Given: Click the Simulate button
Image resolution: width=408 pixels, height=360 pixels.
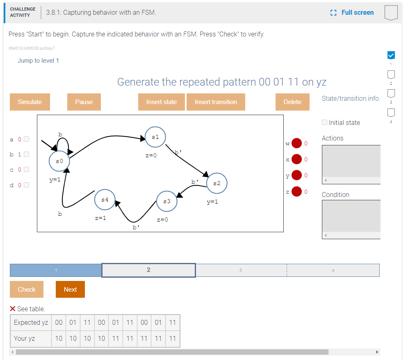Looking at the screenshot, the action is click(x=30, y=102).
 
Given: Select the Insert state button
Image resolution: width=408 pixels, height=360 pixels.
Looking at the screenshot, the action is click(x=161, y=102).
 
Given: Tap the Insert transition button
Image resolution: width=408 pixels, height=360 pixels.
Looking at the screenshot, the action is click(x=216, y=102).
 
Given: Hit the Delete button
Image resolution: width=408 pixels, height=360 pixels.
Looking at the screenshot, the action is click(x=292, y=102).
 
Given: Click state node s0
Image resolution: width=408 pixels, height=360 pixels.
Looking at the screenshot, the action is click(x=59, y=161).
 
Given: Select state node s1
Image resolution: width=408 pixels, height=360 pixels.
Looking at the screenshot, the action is click(x=155, y=137).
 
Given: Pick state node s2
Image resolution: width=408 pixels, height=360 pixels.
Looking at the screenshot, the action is click(x=217, y=183).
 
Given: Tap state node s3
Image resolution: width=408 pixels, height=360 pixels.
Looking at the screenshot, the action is click(x=167, y=201).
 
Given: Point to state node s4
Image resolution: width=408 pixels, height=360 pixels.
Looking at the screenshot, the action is click(x=105, y=199).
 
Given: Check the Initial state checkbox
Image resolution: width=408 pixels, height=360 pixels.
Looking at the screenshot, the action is click(x=324, y=122).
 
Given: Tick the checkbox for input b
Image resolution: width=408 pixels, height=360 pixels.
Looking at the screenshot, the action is click(x=26, y=154).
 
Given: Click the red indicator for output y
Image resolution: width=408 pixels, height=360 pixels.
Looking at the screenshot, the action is click(x=296, y=175).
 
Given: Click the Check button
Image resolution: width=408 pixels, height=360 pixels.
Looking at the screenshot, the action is click(x=27, y=289).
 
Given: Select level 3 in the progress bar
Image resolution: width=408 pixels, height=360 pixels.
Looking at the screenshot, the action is click(x=241, y=270).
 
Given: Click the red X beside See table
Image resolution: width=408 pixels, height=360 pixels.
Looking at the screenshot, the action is click(x=12, y=309).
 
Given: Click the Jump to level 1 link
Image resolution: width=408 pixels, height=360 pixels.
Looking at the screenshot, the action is click(x=38, y=61).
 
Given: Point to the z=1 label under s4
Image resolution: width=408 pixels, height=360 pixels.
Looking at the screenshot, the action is click(x=100, y=218).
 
